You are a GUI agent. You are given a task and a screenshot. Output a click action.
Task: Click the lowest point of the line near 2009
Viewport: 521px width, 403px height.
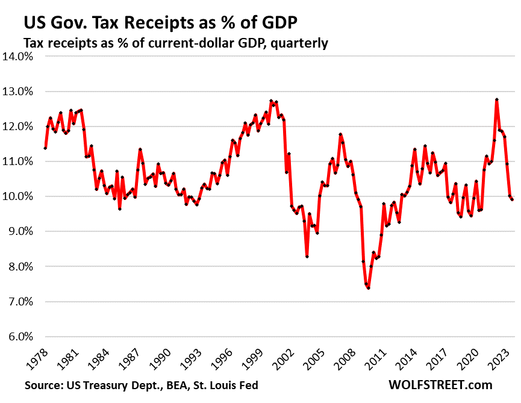coord(368,288)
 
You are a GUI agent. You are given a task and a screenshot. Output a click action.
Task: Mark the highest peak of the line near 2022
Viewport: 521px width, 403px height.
coord(497,99)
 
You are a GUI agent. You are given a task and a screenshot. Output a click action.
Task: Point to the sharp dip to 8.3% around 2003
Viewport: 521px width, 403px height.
coord(307,257)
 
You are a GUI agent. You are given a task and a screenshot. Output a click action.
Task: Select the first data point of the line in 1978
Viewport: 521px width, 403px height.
coord(45,148)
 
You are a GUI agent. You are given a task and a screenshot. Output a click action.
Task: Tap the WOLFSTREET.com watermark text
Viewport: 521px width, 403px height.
coord(440,385)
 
